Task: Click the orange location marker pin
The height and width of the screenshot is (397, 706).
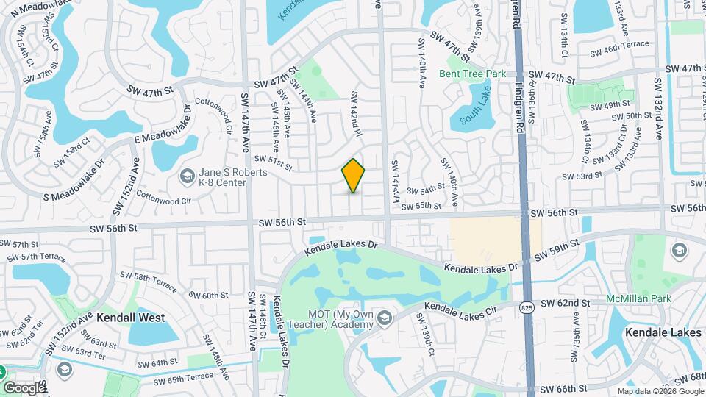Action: pyautogui.click(x=354, y=176)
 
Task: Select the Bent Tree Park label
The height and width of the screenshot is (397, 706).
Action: pyautogui.click(x=473, y=74)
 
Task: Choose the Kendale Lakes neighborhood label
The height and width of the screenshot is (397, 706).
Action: pyautogui.click(x=663, y=332)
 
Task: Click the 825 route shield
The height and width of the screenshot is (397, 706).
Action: pyautogui.click(x=525, y=306)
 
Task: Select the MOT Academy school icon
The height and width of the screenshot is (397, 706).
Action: pyautogui.click(x=386, y=318)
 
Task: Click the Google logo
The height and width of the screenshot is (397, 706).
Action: pyautogui.click(x=24, y=387)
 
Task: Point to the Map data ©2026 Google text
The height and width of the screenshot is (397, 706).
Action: pyautogui.click(x=660, y=391)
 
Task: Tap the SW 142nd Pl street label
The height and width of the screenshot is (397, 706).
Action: pyautogui.click(x=357, y=114)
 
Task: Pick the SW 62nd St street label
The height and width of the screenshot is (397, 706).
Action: pyautogui.click(x=566, y=302)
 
